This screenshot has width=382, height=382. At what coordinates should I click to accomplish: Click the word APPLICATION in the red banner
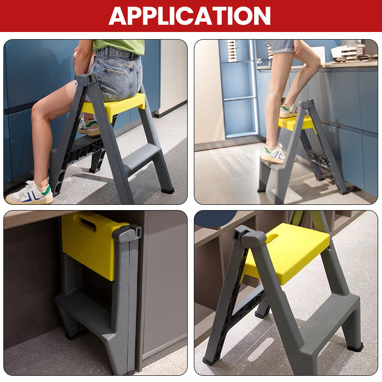190,16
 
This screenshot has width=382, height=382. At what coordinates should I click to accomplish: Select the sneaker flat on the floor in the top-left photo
29,193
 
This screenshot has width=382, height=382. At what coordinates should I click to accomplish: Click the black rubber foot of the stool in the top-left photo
168,190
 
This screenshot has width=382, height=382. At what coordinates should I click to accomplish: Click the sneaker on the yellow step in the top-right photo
289,111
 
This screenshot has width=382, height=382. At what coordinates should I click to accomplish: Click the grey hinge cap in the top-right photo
307,104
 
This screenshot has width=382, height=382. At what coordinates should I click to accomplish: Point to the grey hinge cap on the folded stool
127,233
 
